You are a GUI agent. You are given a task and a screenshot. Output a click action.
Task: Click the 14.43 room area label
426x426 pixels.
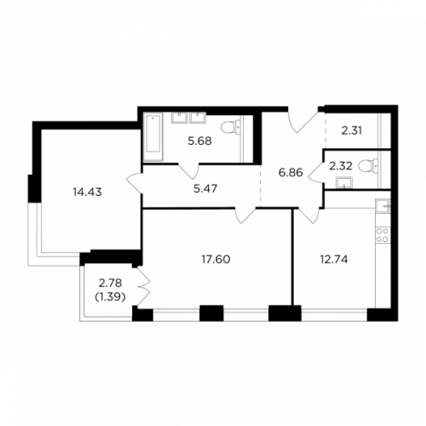click(87, 193)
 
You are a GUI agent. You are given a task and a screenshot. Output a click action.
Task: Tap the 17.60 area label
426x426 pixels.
click(216, 259)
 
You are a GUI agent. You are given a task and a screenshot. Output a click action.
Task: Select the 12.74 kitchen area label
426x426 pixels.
click(334, 260)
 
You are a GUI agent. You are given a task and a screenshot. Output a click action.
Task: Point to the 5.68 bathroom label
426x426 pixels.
click(200, 141)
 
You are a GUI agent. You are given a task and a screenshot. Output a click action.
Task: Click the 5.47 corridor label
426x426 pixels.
click(205, 188)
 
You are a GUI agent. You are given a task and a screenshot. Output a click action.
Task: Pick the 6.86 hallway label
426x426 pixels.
click(291, 172)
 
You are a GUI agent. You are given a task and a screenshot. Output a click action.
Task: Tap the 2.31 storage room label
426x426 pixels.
click(352, 131)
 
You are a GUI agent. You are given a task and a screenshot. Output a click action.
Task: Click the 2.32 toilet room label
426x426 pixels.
click(341, 166)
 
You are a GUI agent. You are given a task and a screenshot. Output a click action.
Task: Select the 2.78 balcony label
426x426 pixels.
click(110, 283)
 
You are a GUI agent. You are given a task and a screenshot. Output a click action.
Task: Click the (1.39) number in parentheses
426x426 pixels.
click(110, 297)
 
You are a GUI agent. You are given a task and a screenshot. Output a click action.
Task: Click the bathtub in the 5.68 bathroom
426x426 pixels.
click(153, 137)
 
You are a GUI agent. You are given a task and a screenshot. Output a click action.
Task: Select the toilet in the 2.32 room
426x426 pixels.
click(368, 165)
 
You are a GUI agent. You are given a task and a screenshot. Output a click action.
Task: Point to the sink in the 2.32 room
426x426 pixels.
click(344, 182)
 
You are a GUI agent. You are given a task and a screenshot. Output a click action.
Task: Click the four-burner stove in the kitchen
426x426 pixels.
click(383, 235)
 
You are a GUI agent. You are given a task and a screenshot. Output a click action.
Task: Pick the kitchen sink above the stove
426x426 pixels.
click(383, 205)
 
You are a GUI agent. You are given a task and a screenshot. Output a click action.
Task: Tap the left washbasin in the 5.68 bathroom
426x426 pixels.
click(179, 118)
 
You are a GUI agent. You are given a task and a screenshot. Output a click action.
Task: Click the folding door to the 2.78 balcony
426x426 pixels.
click(144, 287)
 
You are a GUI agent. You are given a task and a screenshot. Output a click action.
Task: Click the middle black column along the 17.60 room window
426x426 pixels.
click(211, 313)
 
